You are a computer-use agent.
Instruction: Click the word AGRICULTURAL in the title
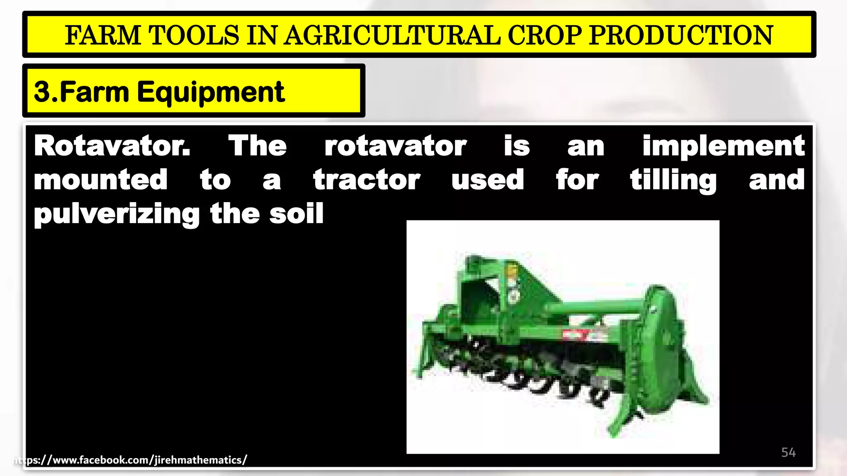[x=392, y=35]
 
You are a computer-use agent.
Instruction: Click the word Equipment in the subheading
[x=211, y=92]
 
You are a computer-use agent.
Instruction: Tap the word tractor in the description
[x=366, y=180]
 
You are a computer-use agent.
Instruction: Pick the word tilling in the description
[x=673, y=180]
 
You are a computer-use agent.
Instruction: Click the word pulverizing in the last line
[x=117, y=214]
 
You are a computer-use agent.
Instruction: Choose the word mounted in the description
[x=100, y=180]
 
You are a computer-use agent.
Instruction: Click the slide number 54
[x=788, y=452]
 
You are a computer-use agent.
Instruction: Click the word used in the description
[x=488, y=180]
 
